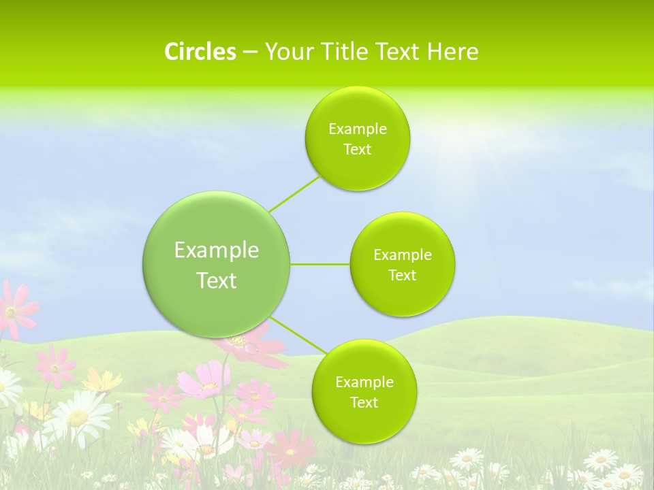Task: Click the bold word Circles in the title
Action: (200, 52)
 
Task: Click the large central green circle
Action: (217, 264)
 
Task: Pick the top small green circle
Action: (357, 138)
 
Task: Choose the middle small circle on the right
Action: (402, 264)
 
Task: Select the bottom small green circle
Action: (364, 391)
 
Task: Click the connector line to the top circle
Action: (294, 193)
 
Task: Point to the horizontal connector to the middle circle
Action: (320, 264)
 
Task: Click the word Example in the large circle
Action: (217, 250)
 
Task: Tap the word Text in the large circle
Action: (217, 280)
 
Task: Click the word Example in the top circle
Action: (358, 129)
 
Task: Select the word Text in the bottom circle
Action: (364, 402)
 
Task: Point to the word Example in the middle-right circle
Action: (403, 255)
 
